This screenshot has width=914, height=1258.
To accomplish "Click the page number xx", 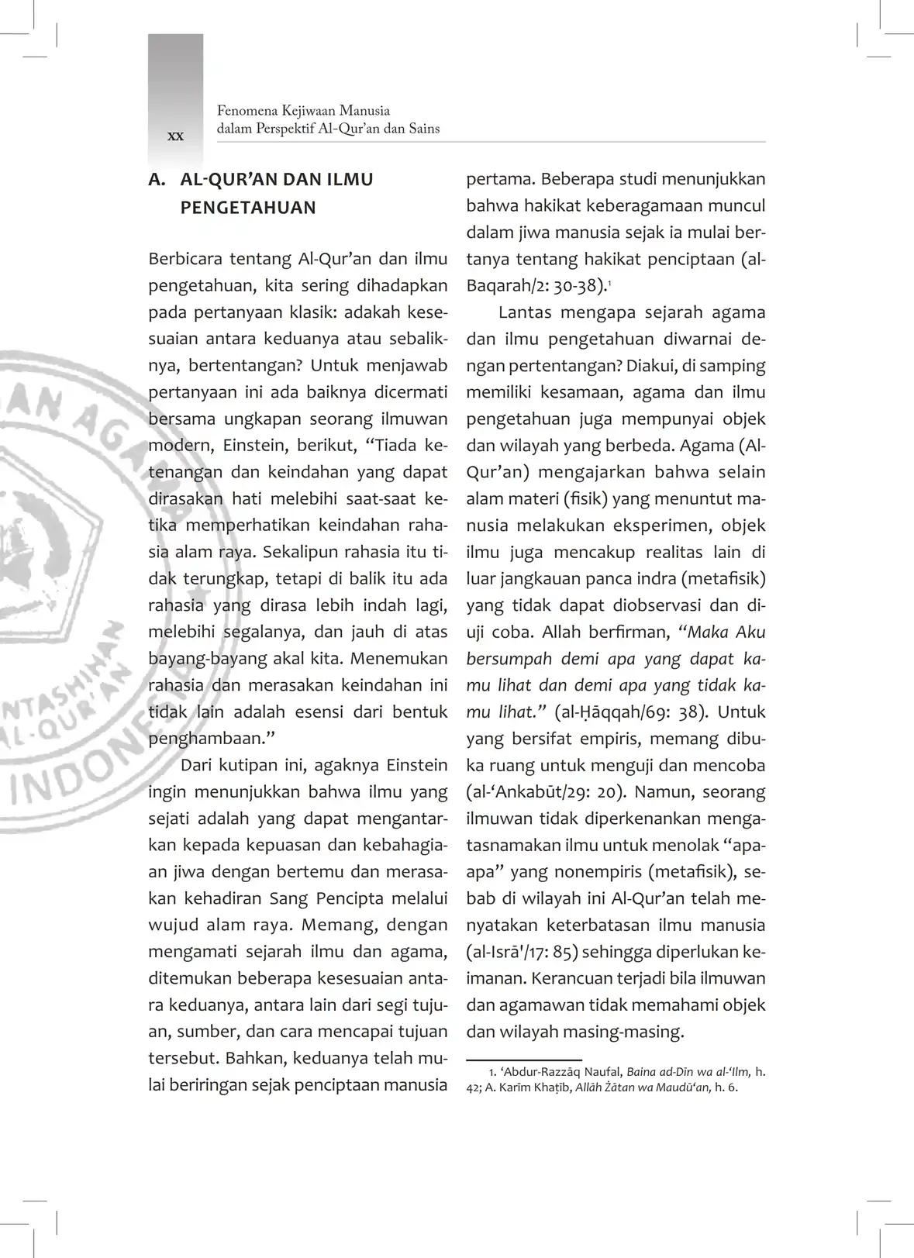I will [x=176, y=136].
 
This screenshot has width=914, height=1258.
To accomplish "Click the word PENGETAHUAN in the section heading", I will [x=248, y=208].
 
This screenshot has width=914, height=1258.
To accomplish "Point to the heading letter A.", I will [x=157, y=180].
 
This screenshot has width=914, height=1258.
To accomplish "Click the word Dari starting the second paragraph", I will [x=196, y=765].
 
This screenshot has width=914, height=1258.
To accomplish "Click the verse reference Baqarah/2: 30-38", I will [x=535, y=285].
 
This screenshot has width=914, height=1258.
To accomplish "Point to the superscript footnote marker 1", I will [x=609, y=281].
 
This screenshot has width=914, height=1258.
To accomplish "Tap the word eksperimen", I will [x=654, y=526].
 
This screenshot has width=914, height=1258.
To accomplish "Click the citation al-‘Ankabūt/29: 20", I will [x=547, y=792].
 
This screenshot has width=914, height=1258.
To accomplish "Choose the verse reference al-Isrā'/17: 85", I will [x=521, y=952].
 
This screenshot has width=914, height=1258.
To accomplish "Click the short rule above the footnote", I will [x=524, y=1059].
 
